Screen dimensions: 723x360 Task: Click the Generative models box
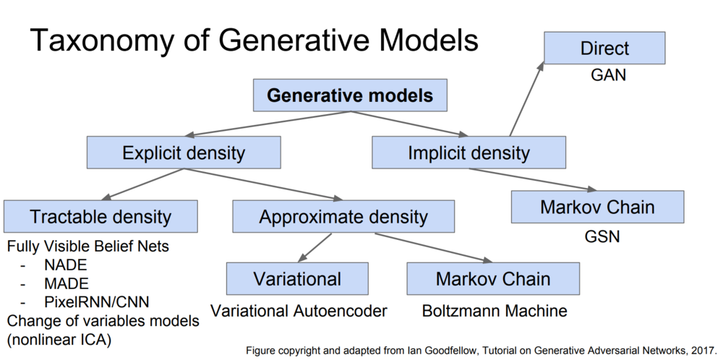coord(350,95)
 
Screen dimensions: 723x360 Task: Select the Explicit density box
coord(184,152)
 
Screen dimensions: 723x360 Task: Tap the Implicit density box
coord(469,152)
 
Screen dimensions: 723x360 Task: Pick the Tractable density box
coord(100,216)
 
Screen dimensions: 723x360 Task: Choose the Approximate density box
coord(343,216)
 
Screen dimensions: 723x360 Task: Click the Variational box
coord(297,278)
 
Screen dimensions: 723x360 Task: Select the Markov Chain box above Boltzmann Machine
coord(493,278)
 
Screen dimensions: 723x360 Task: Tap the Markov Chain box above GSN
coord(597,207)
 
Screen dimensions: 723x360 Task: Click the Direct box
coord(604,48)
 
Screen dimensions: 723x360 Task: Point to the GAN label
coord(609,75)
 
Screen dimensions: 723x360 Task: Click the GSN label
coord(602,236)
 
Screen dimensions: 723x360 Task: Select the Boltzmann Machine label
coord(495,311)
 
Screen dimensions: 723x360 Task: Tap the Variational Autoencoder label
coord(299,311)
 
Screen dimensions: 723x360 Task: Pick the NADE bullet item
coord(66,265)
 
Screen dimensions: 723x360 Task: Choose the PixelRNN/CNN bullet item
coord(97,302)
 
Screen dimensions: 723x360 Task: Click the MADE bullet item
coord(67,283)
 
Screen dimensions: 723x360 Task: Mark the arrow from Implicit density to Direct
coord(526,98)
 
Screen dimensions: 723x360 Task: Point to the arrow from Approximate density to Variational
coord(315,248)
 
